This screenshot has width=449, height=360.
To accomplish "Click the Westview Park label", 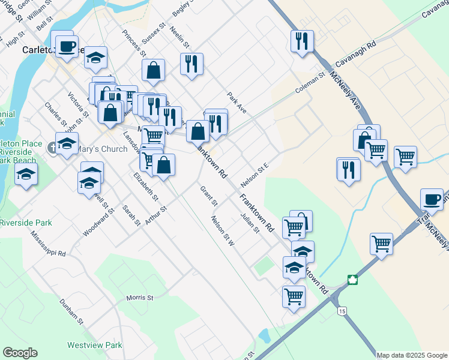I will pyautogui.click(x=95, y=345).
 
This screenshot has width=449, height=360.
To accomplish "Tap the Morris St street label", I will pyautogui.click(x=140, y=298).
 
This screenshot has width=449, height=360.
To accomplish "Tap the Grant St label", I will pyautogui.click(x=208, y=196).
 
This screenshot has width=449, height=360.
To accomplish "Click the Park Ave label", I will pyautogui.click(x=237, y=103).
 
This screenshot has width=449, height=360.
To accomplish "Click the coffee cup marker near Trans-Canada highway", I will pyautogui.click(x=432, y=199).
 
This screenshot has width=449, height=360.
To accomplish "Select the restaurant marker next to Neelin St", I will pyautogui.click(x=191, y=64).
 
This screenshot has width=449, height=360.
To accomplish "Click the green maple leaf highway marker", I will pyautogui.click(x=352, y=280).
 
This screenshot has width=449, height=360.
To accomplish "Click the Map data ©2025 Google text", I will pyautogui.click(x=411, y=355).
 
